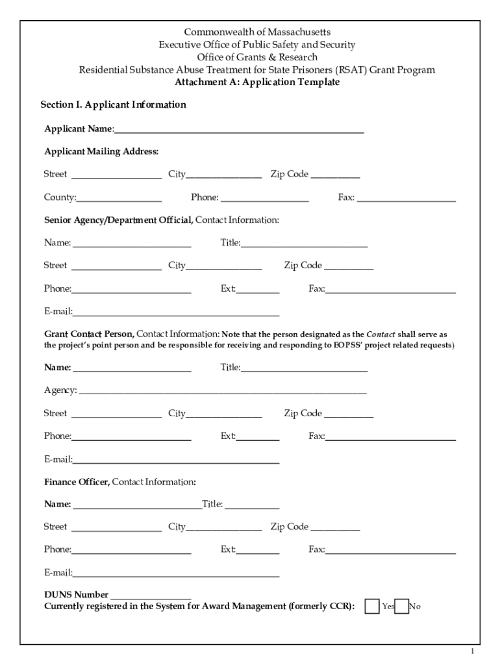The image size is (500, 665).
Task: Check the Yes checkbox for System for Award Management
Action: tap(372, 606)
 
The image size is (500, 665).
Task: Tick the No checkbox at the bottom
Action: tap(402, 606)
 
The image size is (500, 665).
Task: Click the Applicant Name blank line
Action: tap(238, 130)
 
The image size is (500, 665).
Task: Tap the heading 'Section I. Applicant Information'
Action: tap(113, 105)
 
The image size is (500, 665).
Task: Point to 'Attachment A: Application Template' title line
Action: tap(257, 82)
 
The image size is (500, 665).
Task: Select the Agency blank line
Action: tap(222, 392)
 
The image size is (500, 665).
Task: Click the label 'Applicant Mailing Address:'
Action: tap(101, 151)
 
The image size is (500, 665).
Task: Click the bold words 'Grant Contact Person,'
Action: tap(90, 334)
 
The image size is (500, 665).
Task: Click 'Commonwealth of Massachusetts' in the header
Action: tap(257, 32)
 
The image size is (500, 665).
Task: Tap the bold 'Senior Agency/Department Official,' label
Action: tap(118, 220)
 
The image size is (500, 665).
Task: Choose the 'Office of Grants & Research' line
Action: tap(257, 57)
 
